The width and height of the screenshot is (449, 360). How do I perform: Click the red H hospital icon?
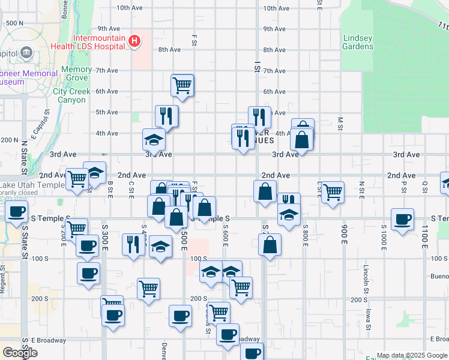135,41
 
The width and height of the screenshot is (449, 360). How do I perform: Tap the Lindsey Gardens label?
358,42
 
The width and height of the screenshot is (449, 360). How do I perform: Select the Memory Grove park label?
76,74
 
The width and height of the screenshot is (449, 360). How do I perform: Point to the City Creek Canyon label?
71,96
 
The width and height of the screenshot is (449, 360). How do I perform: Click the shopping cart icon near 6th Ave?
181,85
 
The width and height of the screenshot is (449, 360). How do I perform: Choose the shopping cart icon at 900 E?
333,193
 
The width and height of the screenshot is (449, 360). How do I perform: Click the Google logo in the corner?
20,353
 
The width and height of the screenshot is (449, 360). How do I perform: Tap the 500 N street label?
14,23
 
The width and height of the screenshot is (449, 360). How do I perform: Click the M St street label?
340,124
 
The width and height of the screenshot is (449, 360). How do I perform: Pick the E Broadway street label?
49,340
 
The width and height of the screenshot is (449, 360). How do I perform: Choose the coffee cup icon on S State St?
17,211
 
